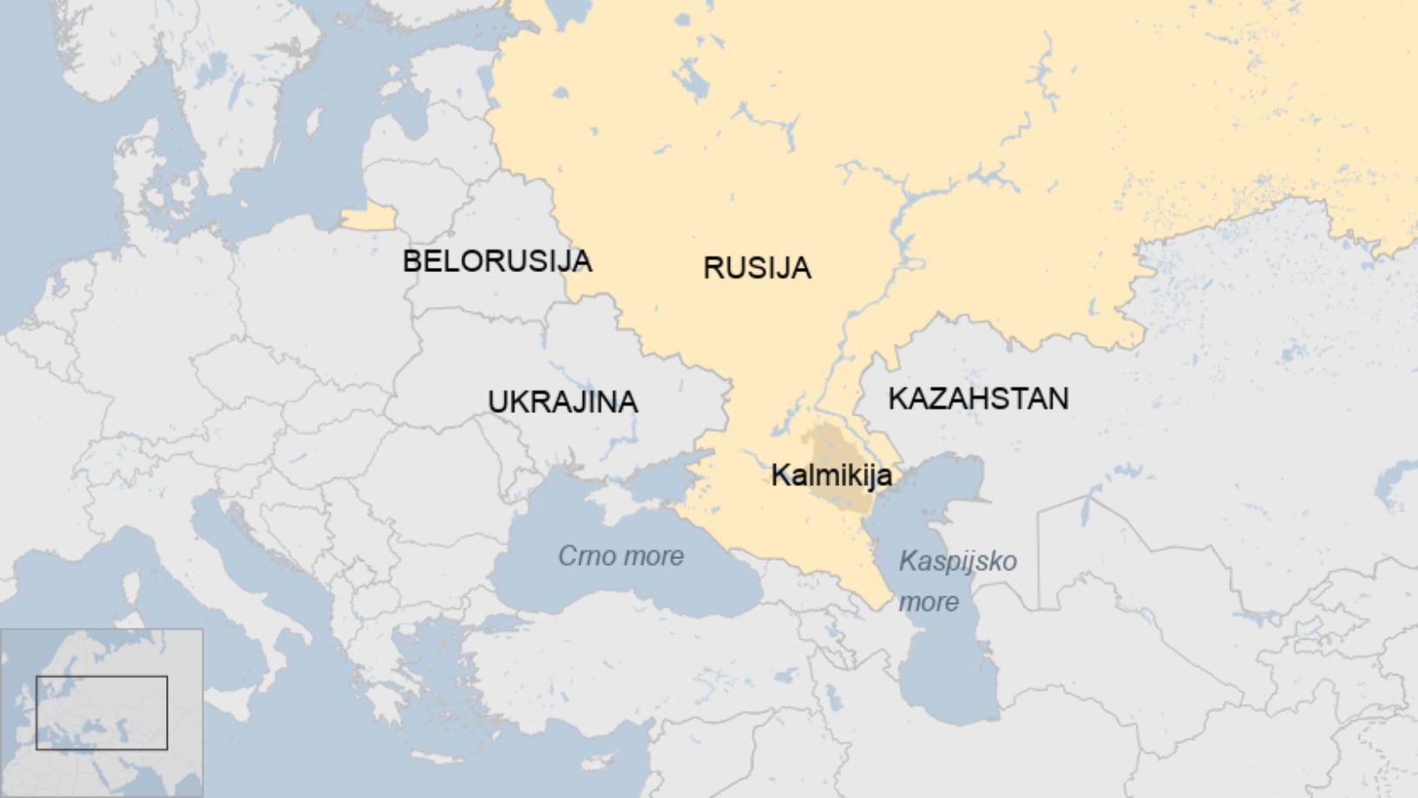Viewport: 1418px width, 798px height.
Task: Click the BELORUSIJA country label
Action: tap(497, 261)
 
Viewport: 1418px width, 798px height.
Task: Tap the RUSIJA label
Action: tap(757, 268)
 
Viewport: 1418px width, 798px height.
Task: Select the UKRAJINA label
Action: tap(563, 402)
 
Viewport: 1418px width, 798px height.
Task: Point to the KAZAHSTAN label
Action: tap(978, 399)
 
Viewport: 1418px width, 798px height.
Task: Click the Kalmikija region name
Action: tap(831, 475)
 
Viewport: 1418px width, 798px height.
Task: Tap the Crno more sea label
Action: tap(620, 556)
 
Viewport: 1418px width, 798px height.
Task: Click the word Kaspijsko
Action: tap(957, 561)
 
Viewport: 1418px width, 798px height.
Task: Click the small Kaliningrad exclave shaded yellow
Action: tap(368, 217)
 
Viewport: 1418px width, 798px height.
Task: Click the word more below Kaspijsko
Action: tap(928, 602)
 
